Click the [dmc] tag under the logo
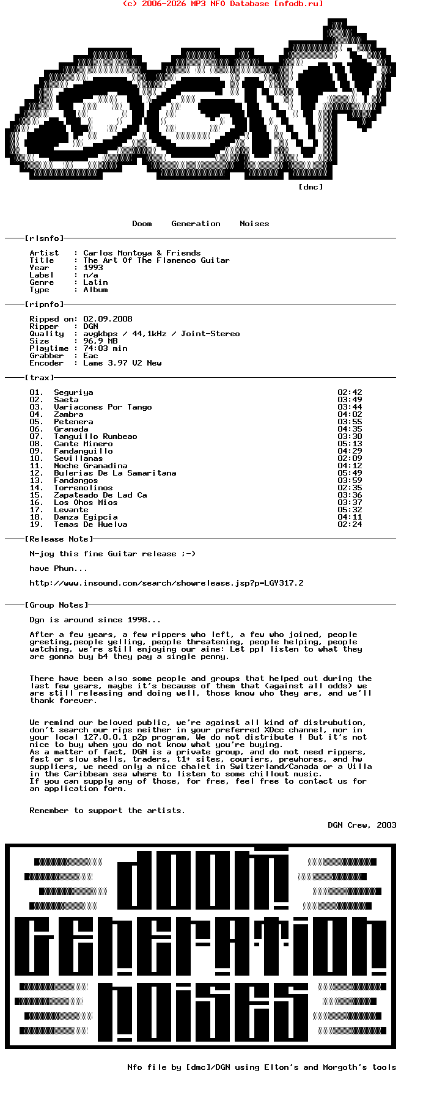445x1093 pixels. [311, 187]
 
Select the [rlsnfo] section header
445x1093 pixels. [44, 238]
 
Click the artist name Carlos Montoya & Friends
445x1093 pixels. [142, 253]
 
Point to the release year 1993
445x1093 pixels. [93, 268]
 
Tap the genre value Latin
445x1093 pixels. [95, 282]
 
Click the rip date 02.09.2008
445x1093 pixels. [108, 319]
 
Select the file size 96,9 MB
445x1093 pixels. [100, 341]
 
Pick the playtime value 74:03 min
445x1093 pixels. [105, 348]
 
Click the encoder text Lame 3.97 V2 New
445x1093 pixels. [122, 363]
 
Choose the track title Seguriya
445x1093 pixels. [73, 392]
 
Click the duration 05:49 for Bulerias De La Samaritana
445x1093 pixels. [350, 473]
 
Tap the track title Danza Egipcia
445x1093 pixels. [86, 517]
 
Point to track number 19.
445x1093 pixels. [36, 524]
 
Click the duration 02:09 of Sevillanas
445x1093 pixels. [350, 458]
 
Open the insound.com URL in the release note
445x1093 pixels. [166, 583]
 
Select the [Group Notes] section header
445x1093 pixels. [56, 605]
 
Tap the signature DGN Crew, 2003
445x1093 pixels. [362, 825]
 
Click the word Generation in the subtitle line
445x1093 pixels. [196, 224]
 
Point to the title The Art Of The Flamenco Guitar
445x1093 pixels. [156, 260]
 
